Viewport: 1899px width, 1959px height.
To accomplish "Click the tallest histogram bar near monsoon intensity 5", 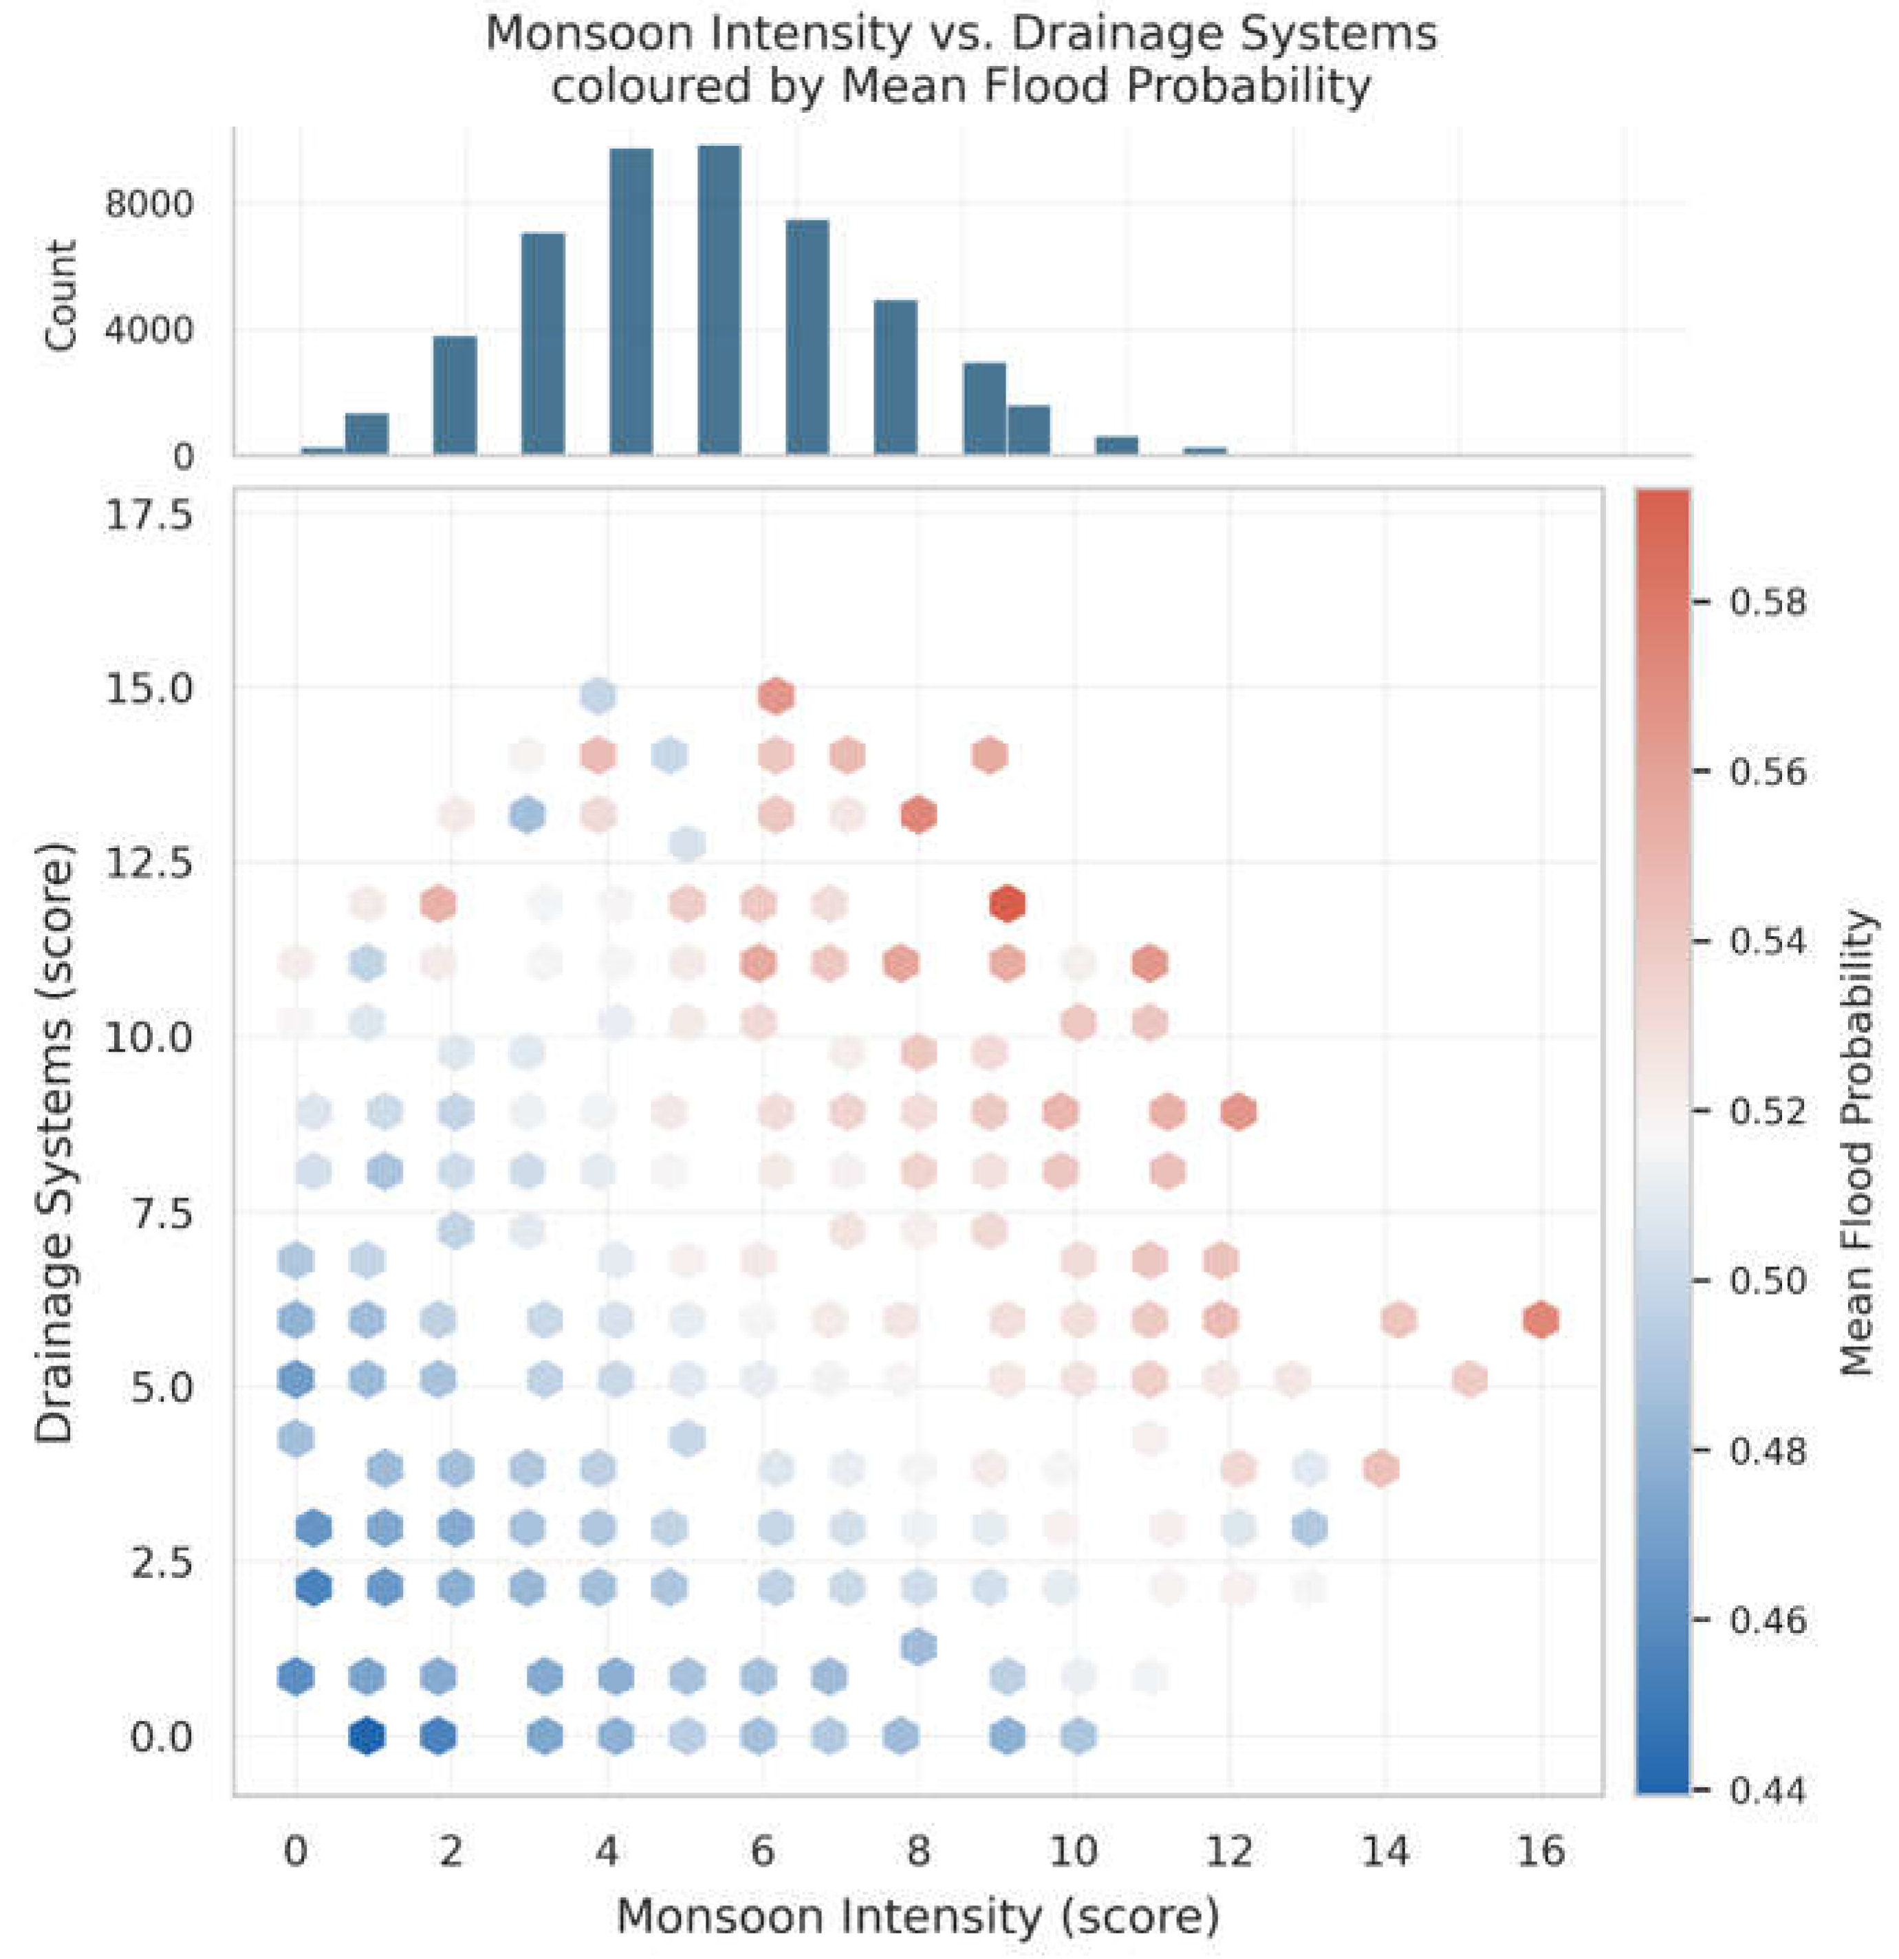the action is tap(719, 301).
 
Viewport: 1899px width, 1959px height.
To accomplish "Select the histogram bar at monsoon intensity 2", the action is tap(455, 396).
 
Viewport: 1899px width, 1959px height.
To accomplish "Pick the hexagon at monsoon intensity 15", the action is tap(1469, 1379).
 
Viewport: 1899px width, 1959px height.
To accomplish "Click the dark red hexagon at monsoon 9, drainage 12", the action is tap(1008, 904).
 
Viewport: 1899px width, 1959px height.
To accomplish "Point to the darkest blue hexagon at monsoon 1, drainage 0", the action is tap(367, 1736).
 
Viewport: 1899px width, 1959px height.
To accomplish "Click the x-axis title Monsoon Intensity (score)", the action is tap(918, 1917).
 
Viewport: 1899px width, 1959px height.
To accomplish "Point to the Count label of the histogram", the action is tap(62, 295).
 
